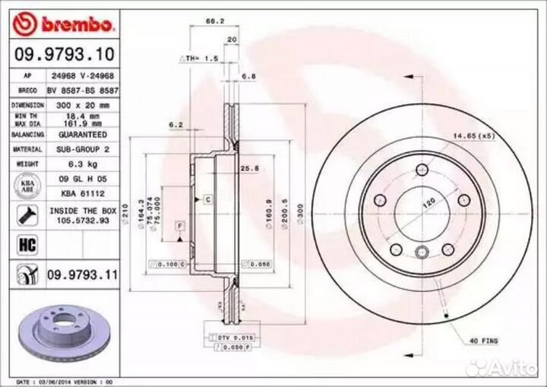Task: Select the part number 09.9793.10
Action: tap(64, 54)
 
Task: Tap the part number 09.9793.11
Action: tap(83, 274)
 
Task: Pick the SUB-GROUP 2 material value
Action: tap(80, 150)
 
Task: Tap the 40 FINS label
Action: tap(483, 341)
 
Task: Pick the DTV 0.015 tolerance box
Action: tap(236, 337)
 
